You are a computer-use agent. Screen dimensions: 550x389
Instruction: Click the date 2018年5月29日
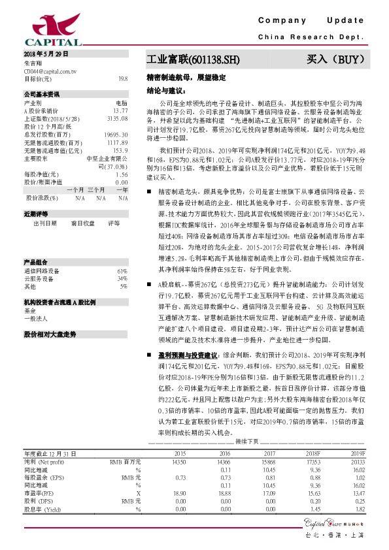[x=45, y=53]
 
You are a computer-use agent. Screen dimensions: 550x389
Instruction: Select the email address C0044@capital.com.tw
[x=50, y=70]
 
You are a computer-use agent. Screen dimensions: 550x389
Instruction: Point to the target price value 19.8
[x=123, y=78]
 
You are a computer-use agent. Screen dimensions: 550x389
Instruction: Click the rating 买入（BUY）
[x=334, y=60]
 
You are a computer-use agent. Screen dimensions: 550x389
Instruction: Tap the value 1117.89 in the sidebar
[x=117, y=142]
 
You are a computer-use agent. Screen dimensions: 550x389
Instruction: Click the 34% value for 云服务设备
[x=122, y=279]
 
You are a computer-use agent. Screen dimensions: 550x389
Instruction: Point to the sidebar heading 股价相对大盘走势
[x=50, y=334]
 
